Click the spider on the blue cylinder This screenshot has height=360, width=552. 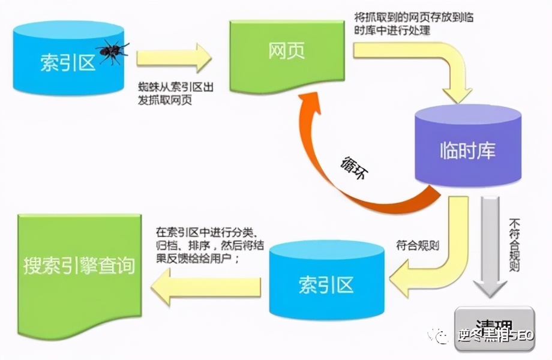pos(112,52)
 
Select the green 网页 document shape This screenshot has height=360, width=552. pos(286,52)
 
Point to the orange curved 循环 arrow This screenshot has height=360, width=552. pos(336,174)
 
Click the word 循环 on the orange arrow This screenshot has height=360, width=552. pos(355,169)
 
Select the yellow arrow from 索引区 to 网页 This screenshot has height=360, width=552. pos(175,58)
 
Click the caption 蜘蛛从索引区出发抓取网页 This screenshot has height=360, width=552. pos(174,93)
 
